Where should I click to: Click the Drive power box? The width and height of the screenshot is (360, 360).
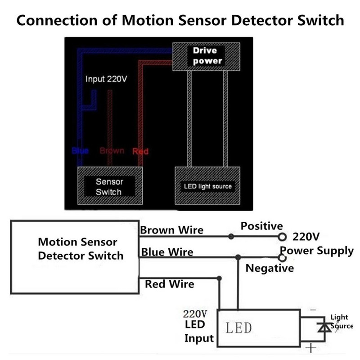207,56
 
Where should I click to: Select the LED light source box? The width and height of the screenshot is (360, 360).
207,186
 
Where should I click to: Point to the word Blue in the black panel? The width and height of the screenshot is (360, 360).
81,151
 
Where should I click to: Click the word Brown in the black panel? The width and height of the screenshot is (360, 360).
112,150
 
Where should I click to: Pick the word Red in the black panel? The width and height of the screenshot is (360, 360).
140,152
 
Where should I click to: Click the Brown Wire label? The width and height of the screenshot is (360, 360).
171,230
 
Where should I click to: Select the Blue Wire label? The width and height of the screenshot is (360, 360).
167,252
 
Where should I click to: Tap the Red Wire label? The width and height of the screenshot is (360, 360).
170,284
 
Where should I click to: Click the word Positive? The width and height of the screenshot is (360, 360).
261,226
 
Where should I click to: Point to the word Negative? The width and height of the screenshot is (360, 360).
270,268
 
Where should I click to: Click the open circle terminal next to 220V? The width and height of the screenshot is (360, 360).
283,236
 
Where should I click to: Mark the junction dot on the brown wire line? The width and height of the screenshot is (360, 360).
231,236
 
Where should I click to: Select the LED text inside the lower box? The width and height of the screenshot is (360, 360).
238,328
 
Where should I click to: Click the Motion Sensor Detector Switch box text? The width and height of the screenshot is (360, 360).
80,249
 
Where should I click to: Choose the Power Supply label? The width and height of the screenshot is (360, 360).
317,251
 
